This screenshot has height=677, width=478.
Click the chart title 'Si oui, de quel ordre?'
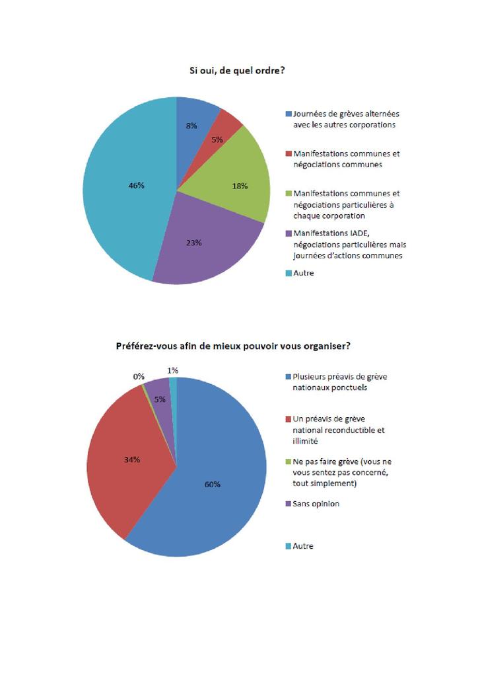pyautogui.click(x=233, y=70)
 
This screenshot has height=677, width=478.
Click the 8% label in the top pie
pyautogui.click(x=191, y=125)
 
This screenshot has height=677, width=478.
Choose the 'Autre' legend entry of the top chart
pyautogui.click(x=303, y=272)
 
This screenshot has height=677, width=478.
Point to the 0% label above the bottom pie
pyautogui.click(x=139, y=376)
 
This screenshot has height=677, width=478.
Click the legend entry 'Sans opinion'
pyautogui.click(x=316, y=504)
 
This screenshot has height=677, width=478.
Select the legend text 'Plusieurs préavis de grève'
pyautogui.click(x=339, y=377)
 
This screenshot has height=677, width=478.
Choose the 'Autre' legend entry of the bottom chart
pyautogui.click(x=303, y=546)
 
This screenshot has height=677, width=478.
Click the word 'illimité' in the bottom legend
pyautogui.click(x=306, y=440)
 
